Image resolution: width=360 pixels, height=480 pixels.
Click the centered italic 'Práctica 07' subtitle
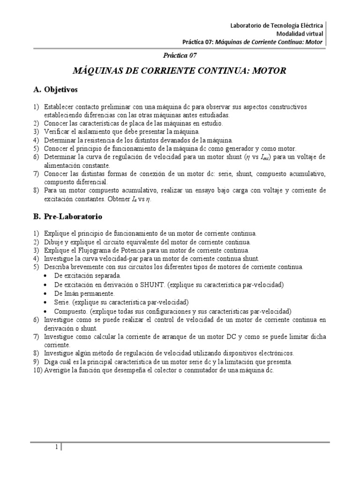point(180,55)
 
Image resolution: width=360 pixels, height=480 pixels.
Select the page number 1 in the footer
point(56,447)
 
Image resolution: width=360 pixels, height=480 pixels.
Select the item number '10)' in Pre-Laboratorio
point(37,370)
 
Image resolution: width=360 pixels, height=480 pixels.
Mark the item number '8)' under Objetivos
point(36,191)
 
